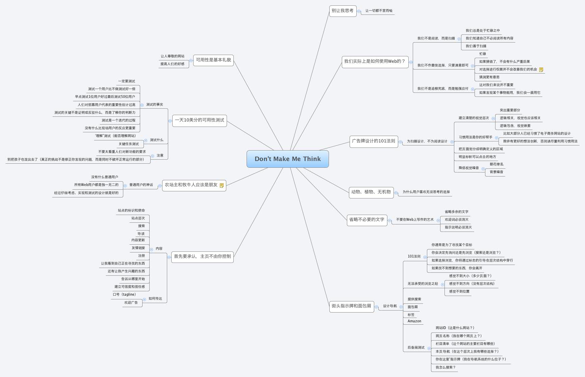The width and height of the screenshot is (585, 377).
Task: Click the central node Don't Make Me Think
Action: click(287, 159)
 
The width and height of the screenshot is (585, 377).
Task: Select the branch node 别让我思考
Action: click(342, 11)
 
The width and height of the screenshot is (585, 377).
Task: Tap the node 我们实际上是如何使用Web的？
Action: click(375, 61)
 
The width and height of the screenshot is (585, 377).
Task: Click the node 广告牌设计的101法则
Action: click(374, 141)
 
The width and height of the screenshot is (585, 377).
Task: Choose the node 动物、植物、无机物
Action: click(371, 192)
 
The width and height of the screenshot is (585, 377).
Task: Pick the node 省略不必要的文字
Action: click(367, 220)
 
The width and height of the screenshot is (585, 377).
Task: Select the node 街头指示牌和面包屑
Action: click(351, 306)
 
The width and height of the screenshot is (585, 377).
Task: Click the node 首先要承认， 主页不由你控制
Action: click(202, 257)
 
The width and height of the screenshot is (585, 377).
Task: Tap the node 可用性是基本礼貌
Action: click(213, 60)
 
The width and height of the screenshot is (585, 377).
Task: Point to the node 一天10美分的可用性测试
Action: click(199, 120)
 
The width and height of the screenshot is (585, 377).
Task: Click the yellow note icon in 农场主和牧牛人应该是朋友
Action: click(222, 185)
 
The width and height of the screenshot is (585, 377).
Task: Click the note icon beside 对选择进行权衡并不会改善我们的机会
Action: click(541, 70)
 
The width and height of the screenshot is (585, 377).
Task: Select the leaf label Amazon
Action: click(414, 321)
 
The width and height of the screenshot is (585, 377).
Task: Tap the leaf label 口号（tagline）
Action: click(124, 295)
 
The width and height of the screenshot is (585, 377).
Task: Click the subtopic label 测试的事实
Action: click(154, 105)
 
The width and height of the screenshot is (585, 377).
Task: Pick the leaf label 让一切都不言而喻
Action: click(379, 11)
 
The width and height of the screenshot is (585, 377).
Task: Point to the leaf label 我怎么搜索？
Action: click(445, 368)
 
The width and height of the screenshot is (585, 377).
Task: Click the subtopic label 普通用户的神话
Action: click(141, 185)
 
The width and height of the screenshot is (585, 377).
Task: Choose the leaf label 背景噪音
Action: click(496, 172)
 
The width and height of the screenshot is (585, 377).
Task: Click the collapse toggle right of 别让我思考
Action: click(359, 11)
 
